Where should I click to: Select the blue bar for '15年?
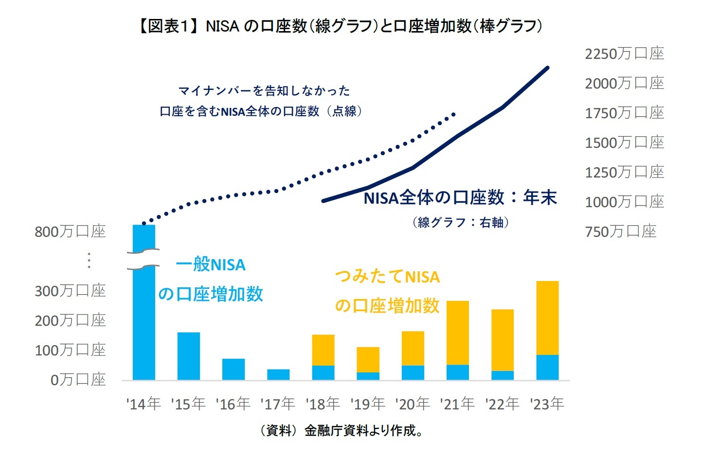pyautogui.click(x=189, y=356)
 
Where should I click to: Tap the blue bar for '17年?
pyautogui.click(x=278, y=374)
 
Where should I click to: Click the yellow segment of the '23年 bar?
pyautogui.click(x=547, y=318)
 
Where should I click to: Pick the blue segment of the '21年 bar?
pyautogui.click(x=458, y=372)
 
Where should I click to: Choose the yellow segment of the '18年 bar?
pyautogui.click(x=323, y=350)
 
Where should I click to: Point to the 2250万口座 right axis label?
pyautogui.click(x=624, y=53)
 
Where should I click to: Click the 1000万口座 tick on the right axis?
pyautogui.click(x=624, y=202)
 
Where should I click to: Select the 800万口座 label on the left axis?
pyautogui.click(x=70, y=232)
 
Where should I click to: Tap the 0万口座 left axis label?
pyautogui.click(x=78, y=380)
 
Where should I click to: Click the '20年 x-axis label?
pyautogui.click(x=413, y=404)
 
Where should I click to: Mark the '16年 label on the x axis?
pyautogui.click(x=233, y=404)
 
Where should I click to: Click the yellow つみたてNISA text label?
pyautogui.click(x=387, y=277)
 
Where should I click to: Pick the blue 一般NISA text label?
pyautogui.click(x=211, y=265)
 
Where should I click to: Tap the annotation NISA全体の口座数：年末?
pyautogui.click(x=460, y=198)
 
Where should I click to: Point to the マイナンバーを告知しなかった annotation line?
pyautogui.click(x=264, y=91)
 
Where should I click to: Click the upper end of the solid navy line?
pyautogui.click(x=548, y=68)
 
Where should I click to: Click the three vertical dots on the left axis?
pyautogui.click(x=89, y=261)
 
